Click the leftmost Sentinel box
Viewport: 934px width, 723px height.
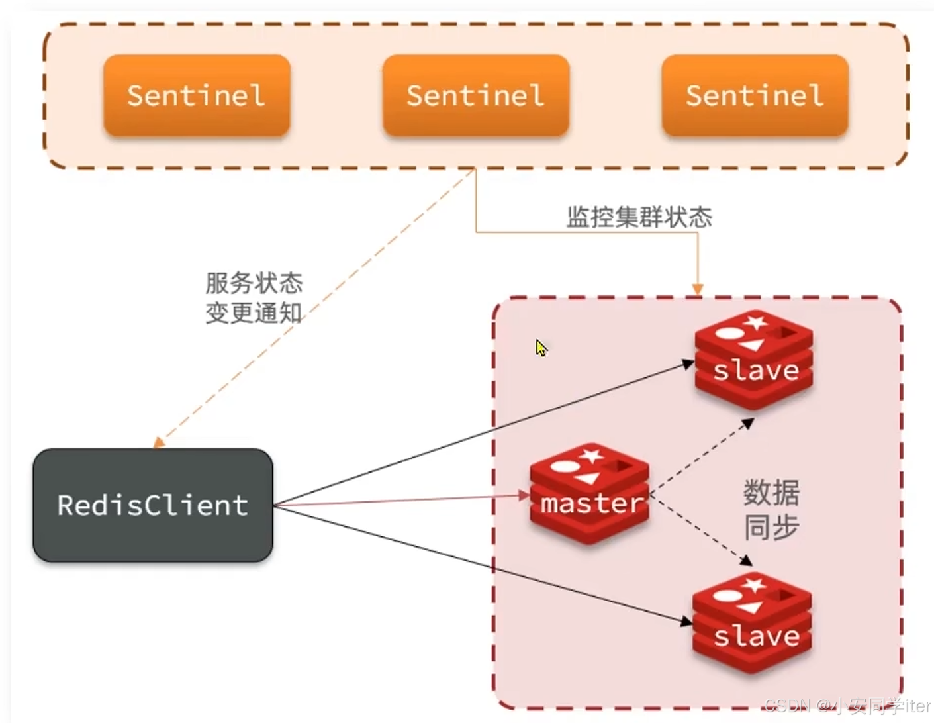[x=197, y=96]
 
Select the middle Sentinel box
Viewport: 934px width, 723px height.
[x=475, y=96]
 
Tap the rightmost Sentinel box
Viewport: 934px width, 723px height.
[x=755, y=96]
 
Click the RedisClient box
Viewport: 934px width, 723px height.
[x=153, y=505]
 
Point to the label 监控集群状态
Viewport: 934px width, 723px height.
[x=639, y=217]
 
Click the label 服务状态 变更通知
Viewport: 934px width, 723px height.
[x=254, y=298]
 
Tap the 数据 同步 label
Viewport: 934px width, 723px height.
[x=771, y=510]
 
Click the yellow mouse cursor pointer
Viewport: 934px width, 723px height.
[x=541, y=348]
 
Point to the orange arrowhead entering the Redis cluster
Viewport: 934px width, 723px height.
[x=697, y=289]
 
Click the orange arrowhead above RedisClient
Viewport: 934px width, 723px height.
[x=159, y=442]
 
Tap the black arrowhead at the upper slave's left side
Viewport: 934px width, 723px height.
[x=688, y=363]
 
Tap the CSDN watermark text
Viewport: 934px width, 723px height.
[x=847, y=706]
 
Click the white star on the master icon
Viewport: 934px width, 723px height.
[x=591, y=456]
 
